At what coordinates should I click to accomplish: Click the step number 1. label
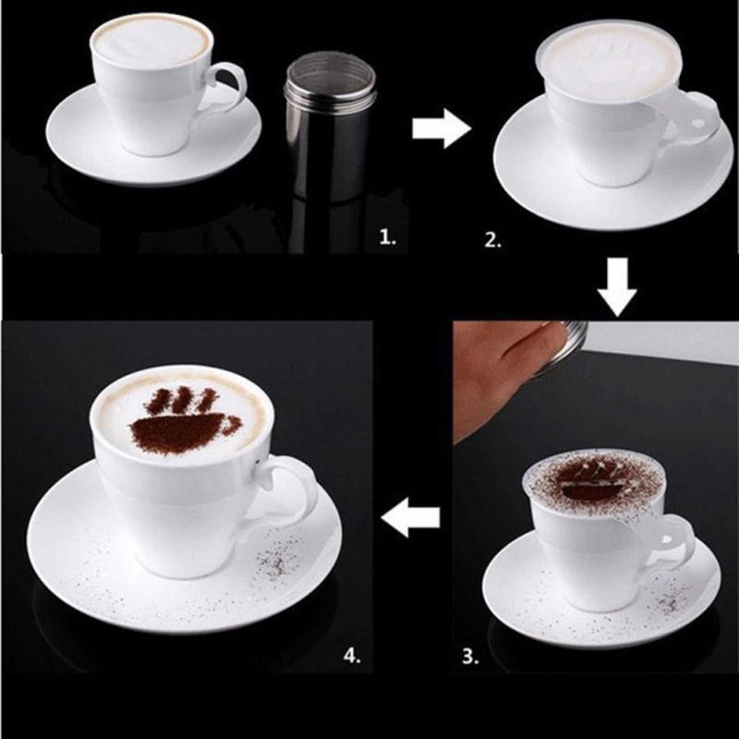pos(388,238)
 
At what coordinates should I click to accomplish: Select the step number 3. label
pos(471,658)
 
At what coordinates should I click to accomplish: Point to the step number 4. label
pos(352,656)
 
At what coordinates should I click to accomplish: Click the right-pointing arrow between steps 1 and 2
pos(441,129)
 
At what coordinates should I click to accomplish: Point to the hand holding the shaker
pos(494,369)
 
